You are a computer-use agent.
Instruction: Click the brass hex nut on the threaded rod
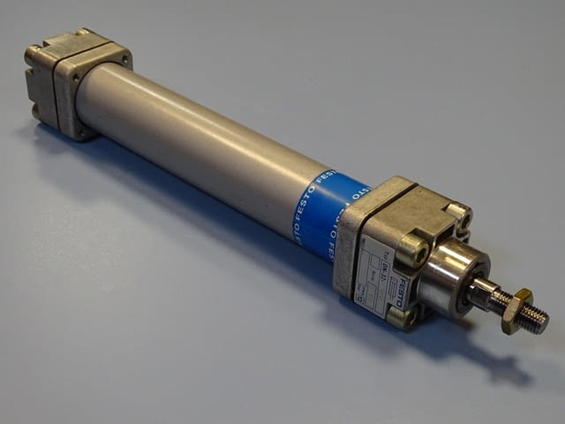tap(517, 312)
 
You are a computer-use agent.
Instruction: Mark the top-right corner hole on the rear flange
tap(125, 59)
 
